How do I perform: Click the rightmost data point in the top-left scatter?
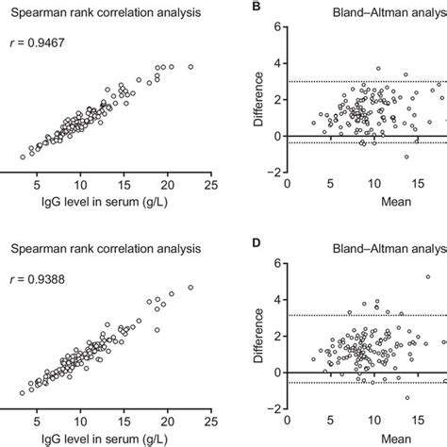coord(190,67)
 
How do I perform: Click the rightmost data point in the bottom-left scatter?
coord(190,288)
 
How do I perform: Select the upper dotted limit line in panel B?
coord(358,81)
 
